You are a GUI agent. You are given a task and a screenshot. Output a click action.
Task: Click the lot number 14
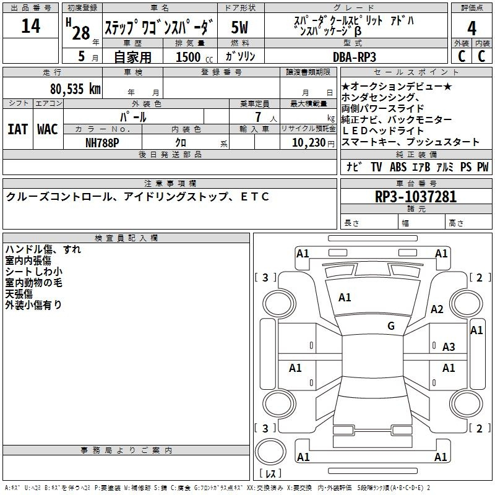[x=30, y=26]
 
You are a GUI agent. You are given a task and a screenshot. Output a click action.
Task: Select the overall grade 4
[x=471, y=28]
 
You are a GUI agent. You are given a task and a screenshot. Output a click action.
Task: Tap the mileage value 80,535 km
[x=75, y=89]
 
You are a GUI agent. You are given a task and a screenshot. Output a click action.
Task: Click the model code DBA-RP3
[x=355, y=57]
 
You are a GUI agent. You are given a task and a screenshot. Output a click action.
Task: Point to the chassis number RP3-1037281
[x=416, y=197]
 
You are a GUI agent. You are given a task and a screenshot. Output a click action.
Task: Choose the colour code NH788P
[x=102, y=143]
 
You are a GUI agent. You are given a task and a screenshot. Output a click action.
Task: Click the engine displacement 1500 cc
[x=194, y=57]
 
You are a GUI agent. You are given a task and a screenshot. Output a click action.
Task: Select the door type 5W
[x=239, y=27]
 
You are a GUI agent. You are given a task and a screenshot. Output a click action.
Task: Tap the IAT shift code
[x=18, y=129]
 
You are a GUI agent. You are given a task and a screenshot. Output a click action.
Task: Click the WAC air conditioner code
[x=48, y=129]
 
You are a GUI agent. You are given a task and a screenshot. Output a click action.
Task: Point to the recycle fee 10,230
[x=309, y=143]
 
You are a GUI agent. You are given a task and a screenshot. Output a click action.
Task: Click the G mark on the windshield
[x=391, y=325]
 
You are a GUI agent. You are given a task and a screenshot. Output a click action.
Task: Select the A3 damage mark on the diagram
[x=449, y=347]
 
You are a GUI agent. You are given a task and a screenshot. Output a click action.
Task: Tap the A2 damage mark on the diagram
[x=437, y=309]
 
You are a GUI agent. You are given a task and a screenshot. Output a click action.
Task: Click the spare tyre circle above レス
[x=270, y=452]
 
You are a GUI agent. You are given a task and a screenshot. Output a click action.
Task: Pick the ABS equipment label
[x=398, y=167]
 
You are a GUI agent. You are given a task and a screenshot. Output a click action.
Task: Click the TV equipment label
[x=376, y=167]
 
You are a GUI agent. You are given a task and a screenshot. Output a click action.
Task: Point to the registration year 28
[x=81, y=33]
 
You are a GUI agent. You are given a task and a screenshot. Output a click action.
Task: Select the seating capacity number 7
[x=258, y=117]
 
